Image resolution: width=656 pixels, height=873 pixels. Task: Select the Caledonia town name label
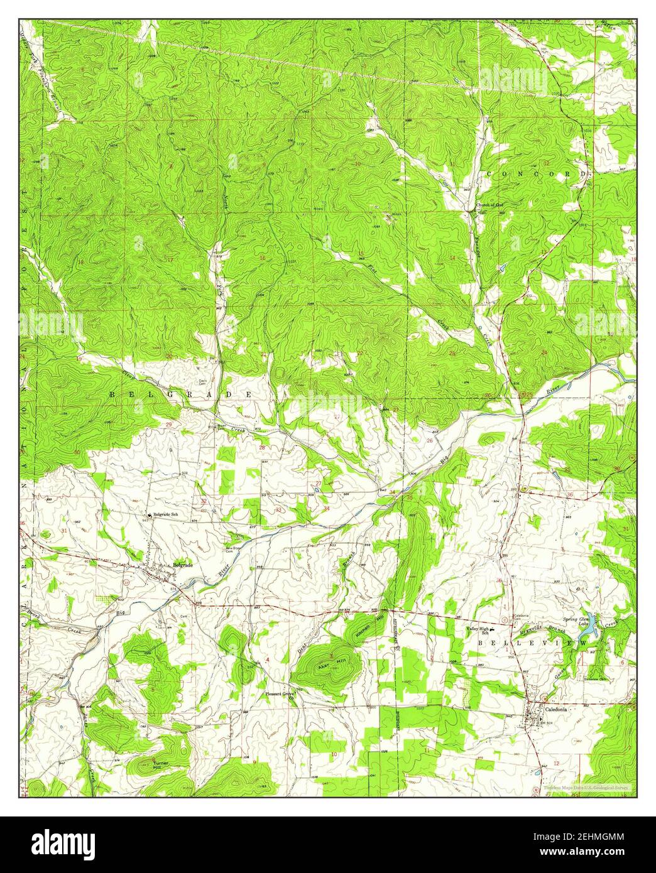[x=556, y=708]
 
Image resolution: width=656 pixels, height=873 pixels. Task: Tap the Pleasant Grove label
[x=280, y=694]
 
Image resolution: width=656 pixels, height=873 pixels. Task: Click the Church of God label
[x=489, y=205]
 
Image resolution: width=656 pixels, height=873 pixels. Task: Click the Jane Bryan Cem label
[x=233, y=550]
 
